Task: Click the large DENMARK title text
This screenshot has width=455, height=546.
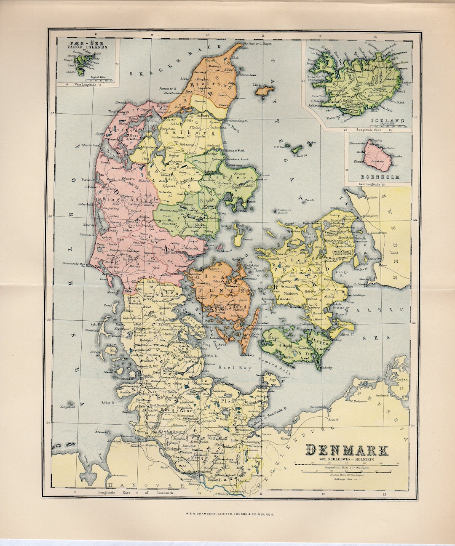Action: [346, 450]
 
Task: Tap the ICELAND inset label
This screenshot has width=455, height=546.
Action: [388, 121]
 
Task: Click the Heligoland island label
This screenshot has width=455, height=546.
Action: [67, 407]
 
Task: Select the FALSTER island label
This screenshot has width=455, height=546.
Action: [321, 343]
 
